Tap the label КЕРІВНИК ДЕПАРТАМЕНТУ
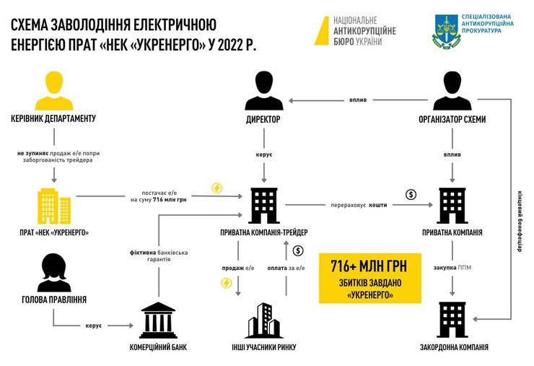pos(54,118)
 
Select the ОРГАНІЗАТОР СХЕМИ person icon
pos(452,91)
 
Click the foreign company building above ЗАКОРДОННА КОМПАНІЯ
pos(452,318)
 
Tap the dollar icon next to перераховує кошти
pos(410,193)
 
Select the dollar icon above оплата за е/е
pos(298,250)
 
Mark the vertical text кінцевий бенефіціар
pos(517,217)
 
